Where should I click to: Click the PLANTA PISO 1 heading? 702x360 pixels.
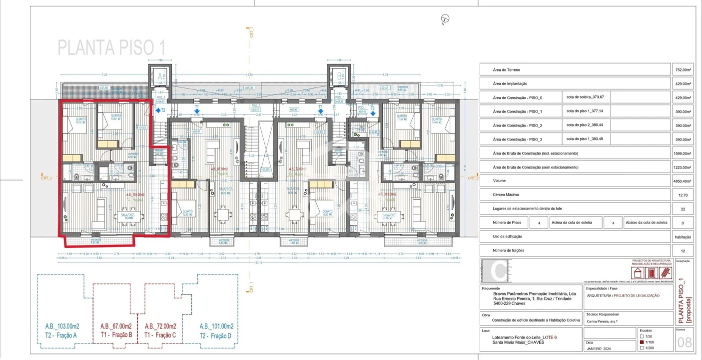[x=111, y=47]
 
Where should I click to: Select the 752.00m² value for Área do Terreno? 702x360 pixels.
[x=683, y=70]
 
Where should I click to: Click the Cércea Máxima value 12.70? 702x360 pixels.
[x=683, y=195]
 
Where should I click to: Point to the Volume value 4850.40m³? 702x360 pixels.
[x=683, y=181]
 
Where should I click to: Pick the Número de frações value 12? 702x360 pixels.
[x=683, y=250]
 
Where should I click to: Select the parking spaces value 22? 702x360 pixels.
[x=683, y=209]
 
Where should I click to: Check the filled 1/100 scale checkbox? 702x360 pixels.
[x=642, y=342]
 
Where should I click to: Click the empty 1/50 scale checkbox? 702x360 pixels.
[x=642, y=336]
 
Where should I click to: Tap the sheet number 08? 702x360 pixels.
[x=684, y=343]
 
